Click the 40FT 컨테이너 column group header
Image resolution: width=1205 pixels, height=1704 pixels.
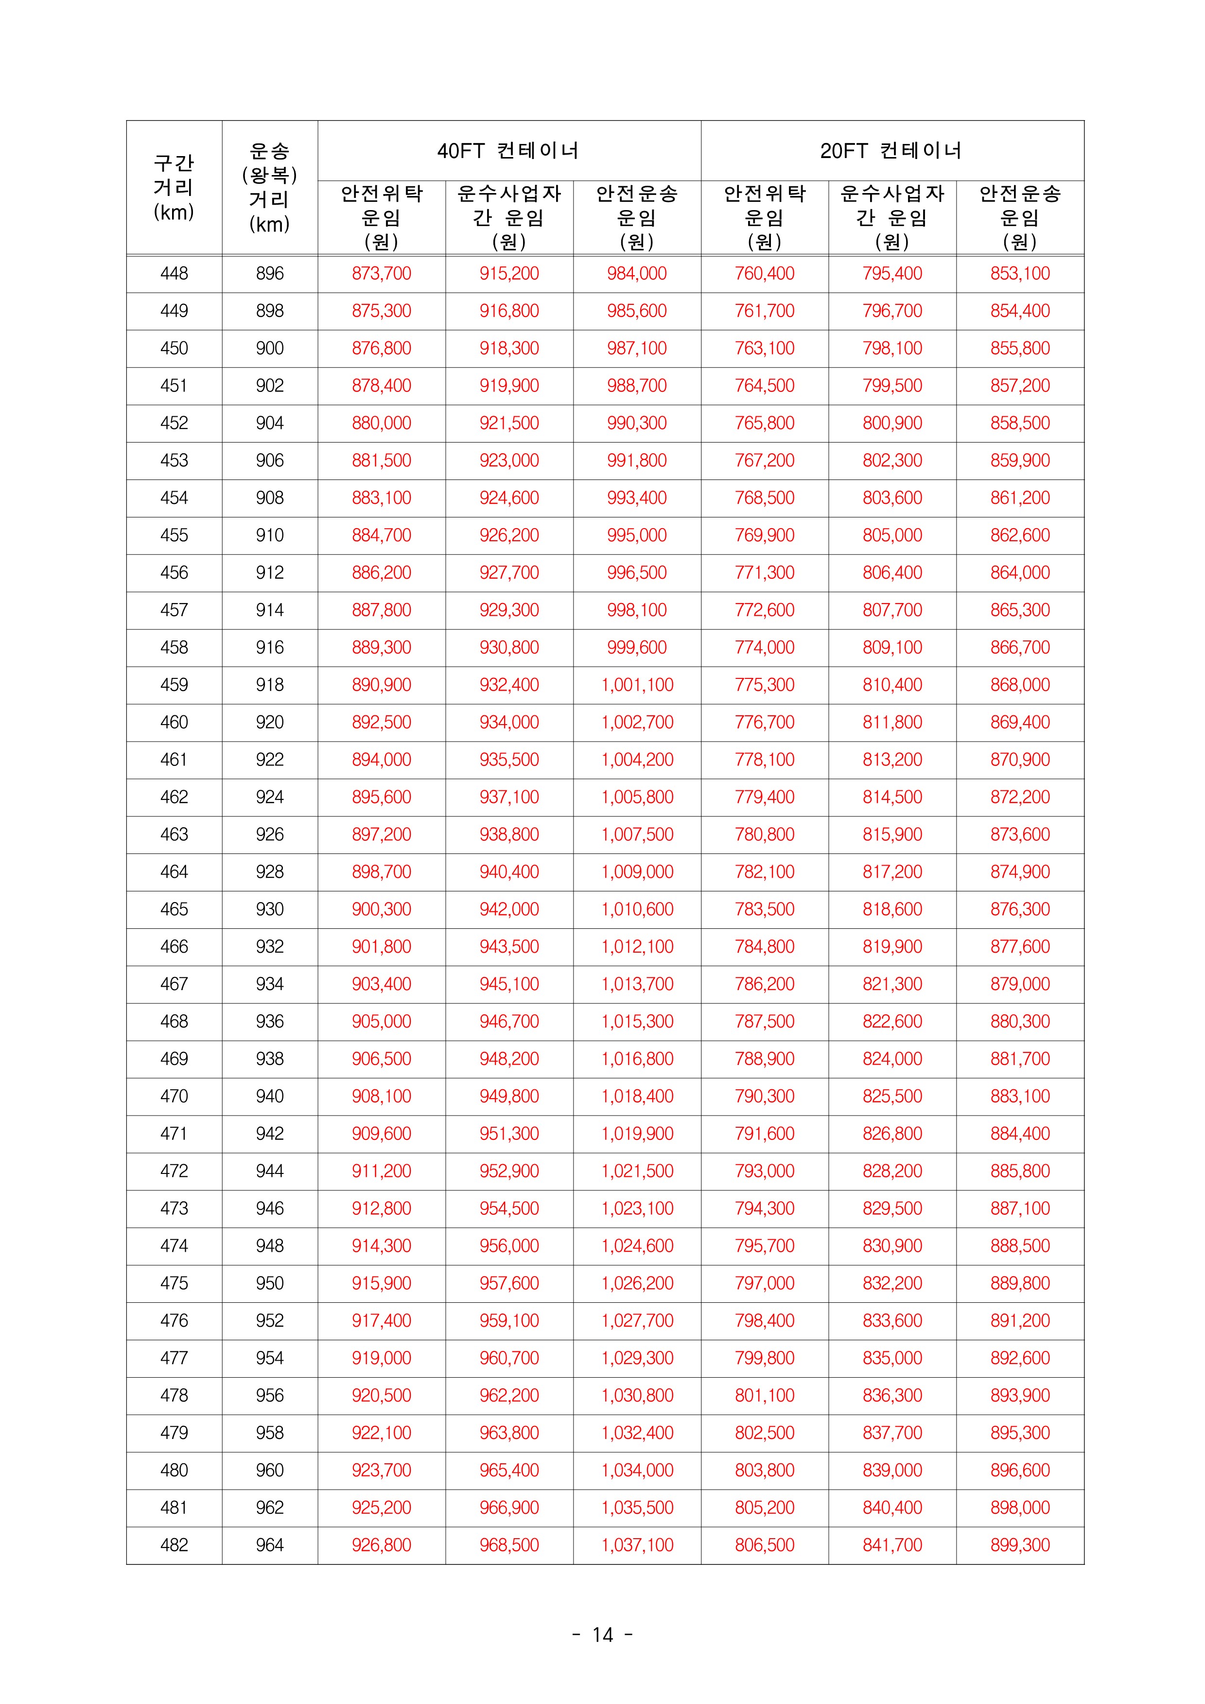pos(508,151)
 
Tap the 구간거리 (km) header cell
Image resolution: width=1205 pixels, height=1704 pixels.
pos(174,188)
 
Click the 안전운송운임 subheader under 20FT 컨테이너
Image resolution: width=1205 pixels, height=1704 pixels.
pos(1019,217)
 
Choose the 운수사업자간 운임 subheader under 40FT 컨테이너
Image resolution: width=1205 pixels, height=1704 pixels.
pos(508,217)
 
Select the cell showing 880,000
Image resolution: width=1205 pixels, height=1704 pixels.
pos(382,423)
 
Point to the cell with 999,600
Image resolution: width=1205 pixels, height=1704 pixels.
pos(637,647)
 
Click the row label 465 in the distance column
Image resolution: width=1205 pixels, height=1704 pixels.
pos(174,909)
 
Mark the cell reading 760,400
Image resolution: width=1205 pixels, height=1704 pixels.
pos(764,273)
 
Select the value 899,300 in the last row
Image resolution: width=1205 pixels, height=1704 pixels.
pos(1019,1545)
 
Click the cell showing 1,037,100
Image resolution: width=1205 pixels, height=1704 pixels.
pos(637,1545)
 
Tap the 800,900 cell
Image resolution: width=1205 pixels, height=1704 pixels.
pos(892,423)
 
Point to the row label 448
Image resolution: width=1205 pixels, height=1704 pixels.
pos(174,273)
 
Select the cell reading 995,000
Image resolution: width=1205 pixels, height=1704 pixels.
pos(637,535)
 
